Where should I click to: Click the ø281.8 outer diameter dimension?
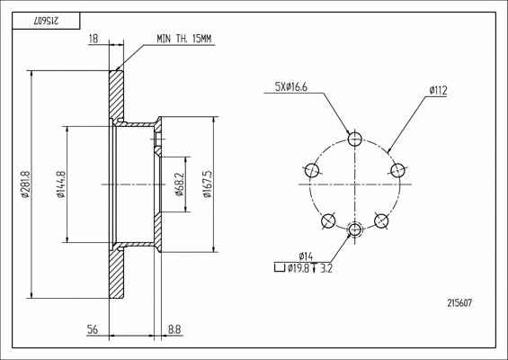[25, 184]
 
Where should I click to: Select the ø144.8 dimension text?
[61, 184]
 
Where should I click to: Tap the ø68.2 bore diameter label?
[179, 184]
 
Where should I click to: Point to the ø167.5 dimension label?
[207, 184]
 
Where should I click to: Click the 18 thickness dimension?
[94, 39]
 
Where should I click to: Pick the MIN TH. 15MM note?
[184, 39]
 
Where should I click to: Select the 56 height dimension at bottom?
[93, 329]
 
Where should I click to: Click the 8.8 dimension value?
[174, 329]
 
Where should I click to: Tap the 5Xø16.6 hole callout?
[291, 87]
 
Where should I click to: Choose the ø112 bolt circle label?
[438, 90]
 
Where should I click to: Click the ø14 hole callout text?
[306, 256]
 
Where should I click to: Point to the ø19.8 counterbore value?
[299, 268]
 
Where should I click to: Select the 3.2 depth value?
[325, 268]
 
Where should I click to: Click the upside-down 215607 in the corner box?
[46, 21]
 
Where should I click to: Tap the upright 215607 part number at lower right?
[459, 303]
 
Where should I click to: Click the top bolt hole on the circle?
[355, 139]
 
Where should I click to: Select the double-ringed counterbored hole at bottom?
[355, 229]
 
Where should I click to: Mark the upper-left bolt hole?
[312, 170]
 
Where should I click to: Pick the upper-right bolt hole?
[397, 170]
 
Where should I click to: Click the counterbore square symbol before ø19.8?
[280, 268]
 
